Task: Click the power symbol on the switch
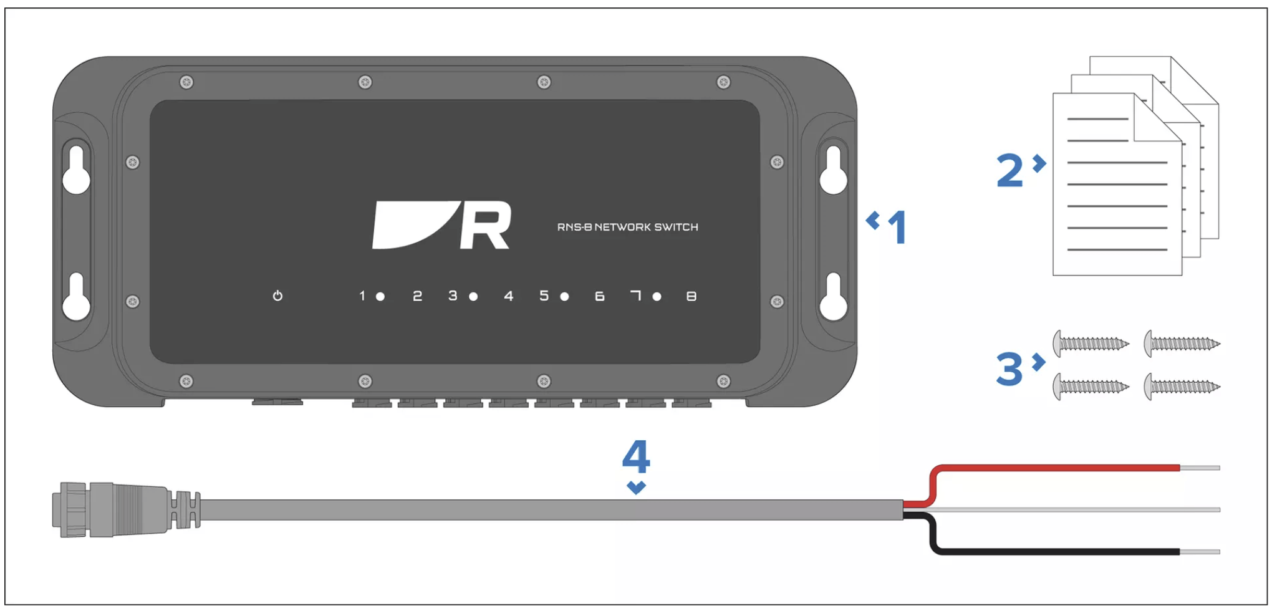tap(277, 296)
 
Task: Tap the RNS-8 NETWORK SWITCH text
tap(627, 227)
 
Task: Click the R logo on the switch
tap(441, 225)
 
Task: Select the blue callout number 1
tap(897, 227)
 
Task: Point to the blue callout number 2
tap(1009, 170)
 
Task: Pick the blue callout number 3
tap(1009, 369)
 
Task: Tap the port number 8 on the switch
tap(691, 296)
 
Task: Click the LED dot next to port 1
tap(380, 297)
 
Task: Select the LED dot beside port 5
tap(564, 297)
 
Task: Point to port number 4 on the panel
tap(509, 296)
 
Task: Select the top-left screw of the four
tap(1091, 344)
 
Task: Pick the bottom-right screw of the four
tap(1182, 387)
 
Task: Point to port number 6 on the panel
tap(599, 296)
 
